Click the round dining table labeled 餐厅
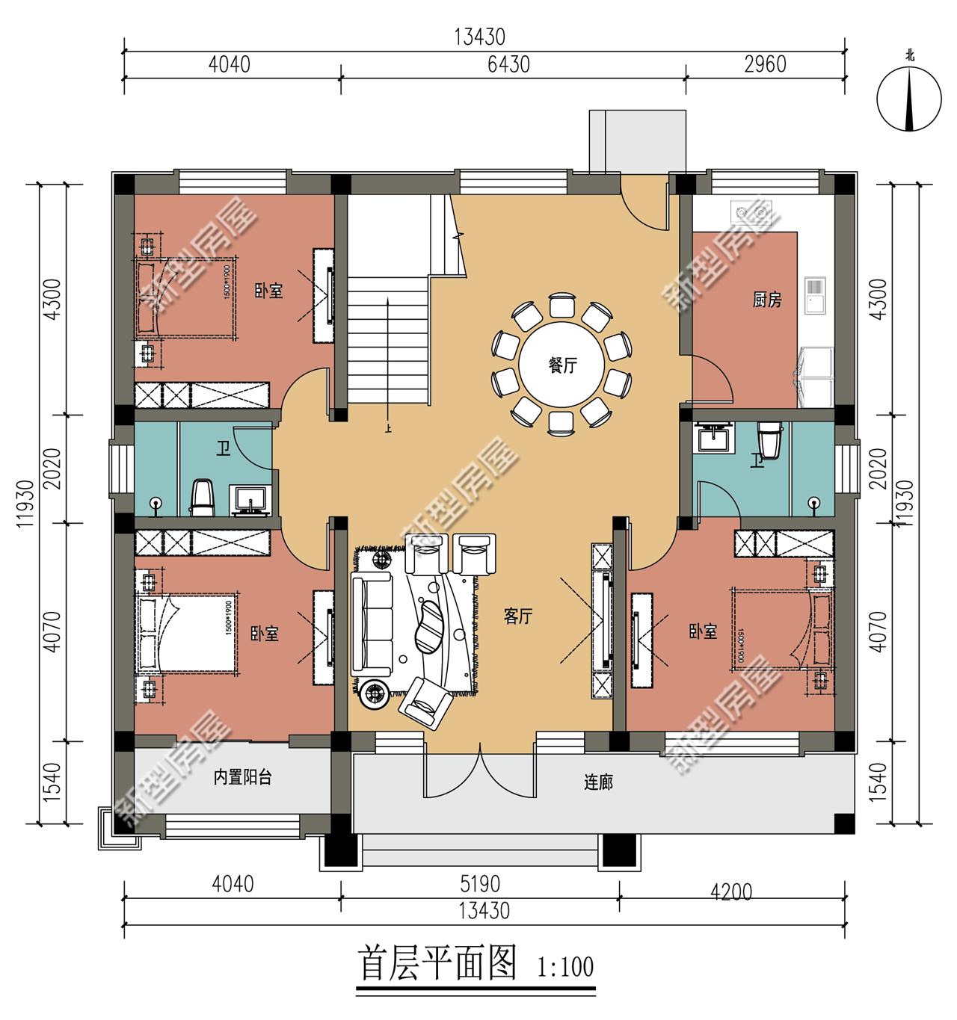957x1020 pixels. pyautogui.click(x=562, y=366)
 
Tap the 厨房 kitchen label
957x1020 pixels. pyautogui.click(x=766, y=300)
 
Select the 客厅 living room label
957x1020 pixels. pyautogui.click(x=517, y=616)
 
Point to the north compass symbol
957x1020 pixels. pyautogui.click(x=909, y=96)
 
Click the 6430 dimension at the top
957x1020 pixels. pyautogui.click(x=508, y=64)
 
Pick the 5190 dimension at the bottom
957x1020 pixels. pyautogui.click(x=479, y=884)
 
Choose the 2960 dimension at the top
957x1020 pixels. pyautogui.click(x=766, y=64)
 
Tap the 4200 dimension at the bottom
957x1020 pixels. pyautogui.click(x=731, y=891)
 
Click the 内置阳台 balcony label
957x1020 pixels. pyautogui.click(x=242, y=778)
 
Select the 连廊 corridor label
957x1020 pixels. pyautogui.click(x=598, y=782)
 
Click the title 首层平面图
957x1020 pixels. pyautogui.click(x=438, y=963)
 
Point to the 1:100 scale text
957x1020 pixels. pyautogui.click(x=565, y=967)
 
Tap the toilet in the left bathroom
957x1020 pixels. pyautogui.click(x=203, y=498)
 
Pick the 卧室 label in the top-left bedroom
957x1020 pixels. pyautogui.click(x=268, y=291)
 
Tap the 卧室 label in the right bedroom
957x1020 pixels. pyautogui.click(x=703, y=632)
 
